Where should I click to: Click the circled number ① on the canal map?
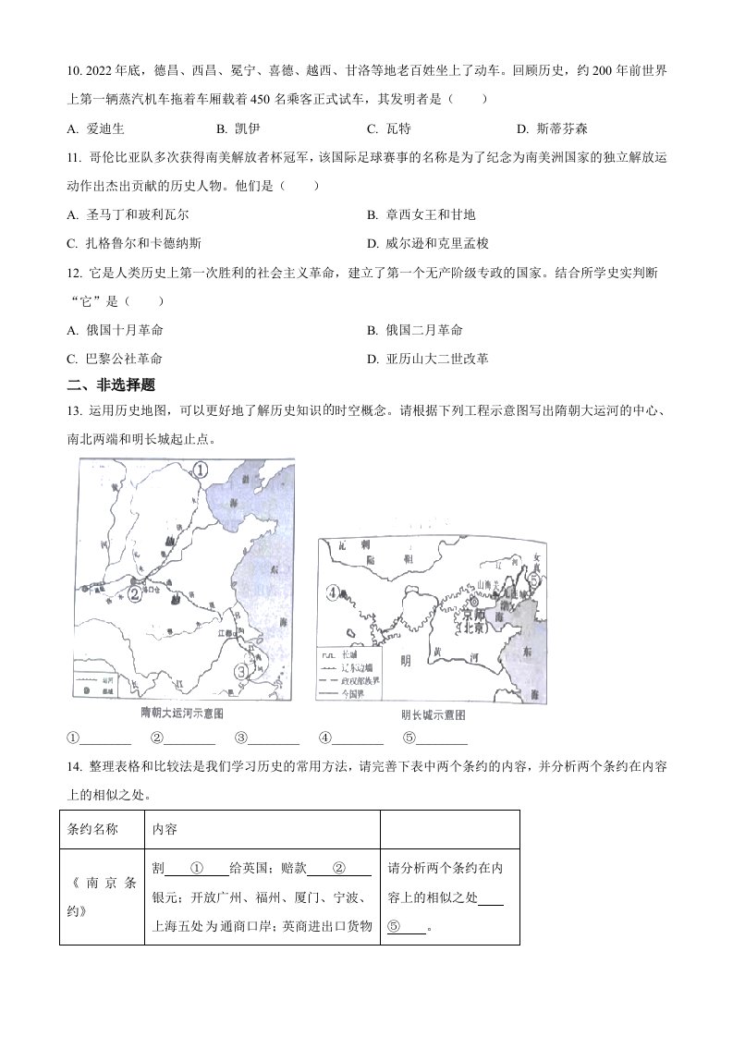pyautogui.click(x=202, y=472)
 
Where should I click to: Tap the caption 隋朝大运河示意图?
pyautogui.click(x=182, y=715)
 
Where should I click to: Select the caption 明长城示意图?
pyautogui.click(x=432, y=715)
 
